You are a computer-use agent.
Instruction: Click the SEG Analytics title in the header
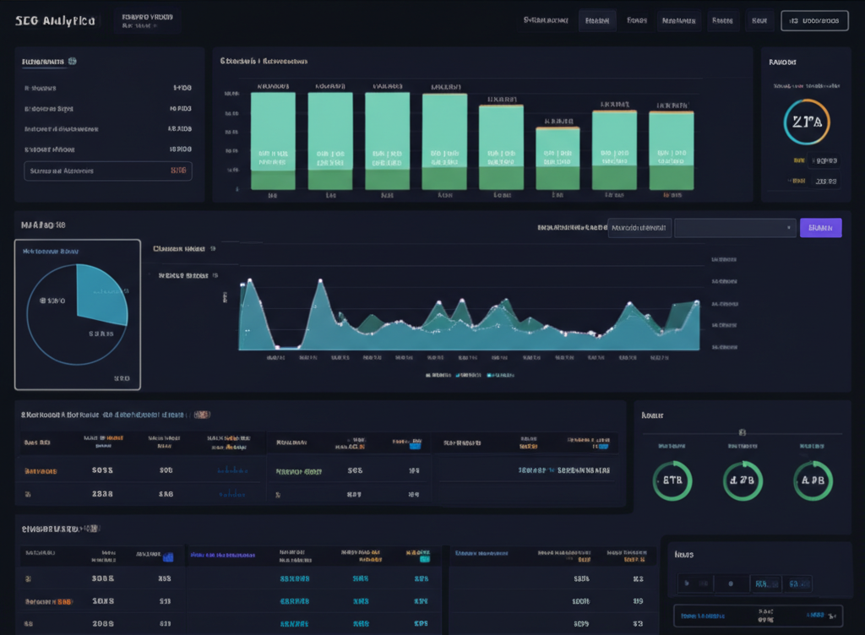(55, 20)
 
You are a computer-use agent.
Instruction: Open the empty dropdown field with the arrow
(735, 227)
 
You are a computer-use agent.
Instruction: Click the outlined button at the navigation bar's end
(814, 20)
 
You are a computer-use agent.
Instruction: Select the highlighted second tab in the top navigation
(597, 20)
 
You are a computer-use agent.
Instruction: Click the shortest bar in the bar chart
(558, 158)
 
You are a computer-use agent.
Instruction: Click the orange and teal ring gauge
(807, 121)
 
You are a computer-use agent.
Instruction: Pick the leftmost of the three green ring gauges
(672, 480)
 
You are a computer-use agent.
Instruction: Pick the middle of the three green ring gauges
(743, 480)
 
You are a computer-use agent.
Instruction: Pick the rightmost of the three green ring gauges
(813, 480)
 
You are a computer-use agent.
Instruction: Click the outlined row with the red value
(107, 171)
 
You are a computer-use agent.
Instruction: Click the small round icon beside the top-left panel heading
(73, 61)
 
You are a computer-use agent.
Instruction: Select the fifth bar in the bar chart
(501, 147)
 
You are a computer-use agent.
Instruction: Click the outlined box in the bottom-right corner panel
(758, 616)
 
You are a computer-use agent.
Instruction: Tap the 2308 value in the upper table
(102, 493)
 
